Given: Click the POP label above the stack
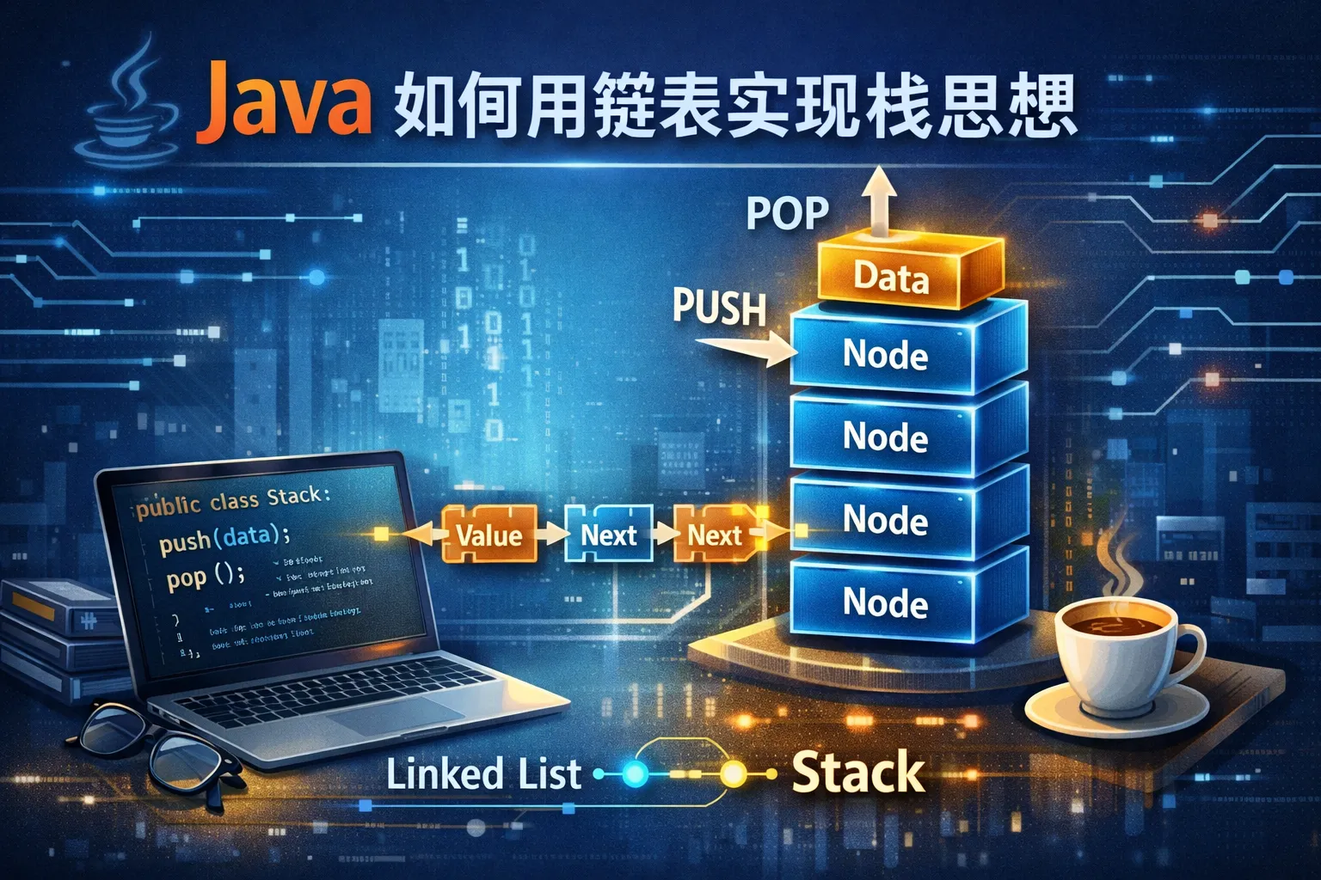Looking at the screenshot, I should pyautogui.click(x=787, y=213).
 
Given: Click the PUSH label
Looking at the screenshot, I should pyautogui.click(x=719, y=307).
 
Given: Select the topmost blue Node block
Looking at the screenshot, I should pyautogui.click(x=885, y=354).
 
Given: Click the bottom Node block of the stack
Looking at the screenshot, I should pyautogui.click(x=885, y=602).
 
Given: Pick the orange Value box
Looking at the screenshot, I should pyautogui.click(x=488, y=535).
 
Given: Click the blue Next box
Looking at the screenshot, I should pyautogui.click(x=608, y=535).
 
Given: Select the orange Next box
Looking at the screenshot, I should pyautogui.click(x=714, y=535).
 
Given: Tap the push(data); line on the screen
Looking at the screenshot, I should pyautogui.click(x=224, y=539).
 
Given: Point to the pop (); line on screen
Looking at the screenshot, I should pyautogui.click(x=206, y=576).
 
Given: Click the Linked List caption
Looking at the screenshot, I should pyautogui.click(x=483, y=773).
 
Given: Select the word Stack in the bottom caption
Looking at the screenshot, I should pyautogui.click(x=857, y=772).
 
